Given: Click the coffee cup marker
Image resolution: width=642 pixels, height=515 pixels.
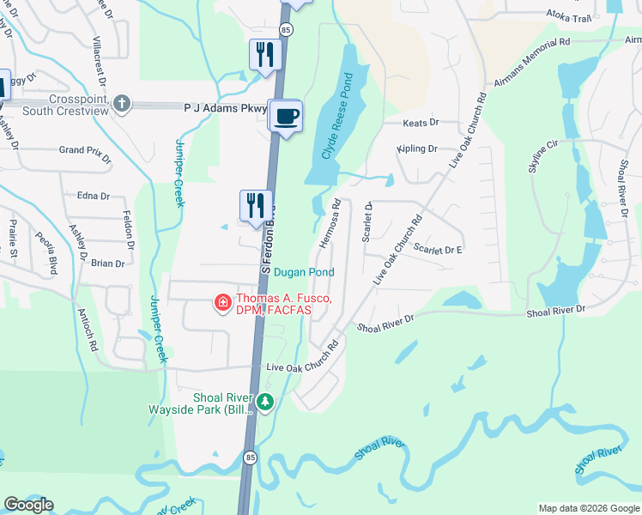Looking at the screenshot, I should [287, 116].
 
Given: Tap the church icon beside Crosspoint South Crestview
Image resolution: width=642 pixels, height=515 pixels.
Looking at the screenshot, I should [122, 104].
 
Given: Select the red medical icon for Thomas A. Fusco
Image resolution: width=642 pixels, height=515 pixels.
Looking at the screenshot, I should [221, 302].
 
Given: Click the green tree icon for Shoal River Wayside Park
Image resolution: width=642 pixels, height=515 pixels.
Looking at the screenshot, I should [266, 401].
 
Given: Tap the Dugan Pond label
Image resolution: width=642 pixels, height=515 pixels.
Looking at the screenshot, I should [304, 272].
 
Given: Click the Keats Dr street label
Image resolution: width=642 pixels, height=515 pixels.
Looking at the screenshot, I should [421, 124].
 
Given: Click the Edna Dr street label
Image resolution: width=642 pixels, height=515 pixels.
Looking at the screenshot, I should [94, 196].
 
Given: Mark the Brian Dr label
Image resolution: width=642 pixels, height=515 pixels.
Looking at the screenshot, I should [107, 264].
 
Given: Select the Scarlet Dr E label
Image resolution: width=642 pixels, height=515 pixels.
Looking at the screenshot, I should [438, 250].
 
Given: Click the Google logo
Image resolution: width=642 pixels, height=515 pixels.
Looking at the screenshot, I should [28, 505].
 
